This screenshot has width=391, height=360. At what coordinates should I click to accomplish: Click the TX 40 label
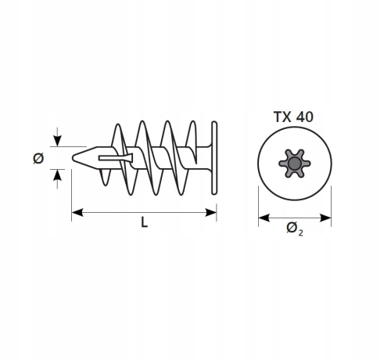[x=293, y=117]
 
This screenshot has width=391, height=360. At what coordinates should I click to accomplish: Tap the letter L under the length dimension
[x=144, y=222]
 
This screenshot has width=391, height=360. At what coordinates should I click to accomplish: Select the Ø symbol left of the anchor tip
[x=38, y=158]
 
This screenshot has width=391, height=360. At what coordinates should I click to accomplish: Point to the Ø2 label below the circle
[x=295, y=229]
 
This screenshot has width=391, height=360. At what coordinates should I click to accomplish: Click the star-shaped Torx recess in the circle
[x=295, y=164]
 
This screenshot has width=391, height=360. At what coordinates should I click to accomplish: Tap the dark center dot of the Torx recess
[x=295, y=164]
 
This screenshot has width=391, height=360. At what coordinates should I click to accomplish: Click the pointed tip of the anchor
[x=74, y=158]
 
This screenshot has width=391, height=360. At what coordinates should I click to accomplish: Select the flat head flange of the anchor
[x=214, y=158]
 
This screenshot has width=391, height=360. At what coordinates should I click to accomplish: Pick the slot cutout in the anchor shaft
[x=116, y=158]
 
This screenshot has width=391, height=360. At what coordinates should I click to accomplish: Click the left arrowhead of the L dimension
[x=77, y=212]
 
